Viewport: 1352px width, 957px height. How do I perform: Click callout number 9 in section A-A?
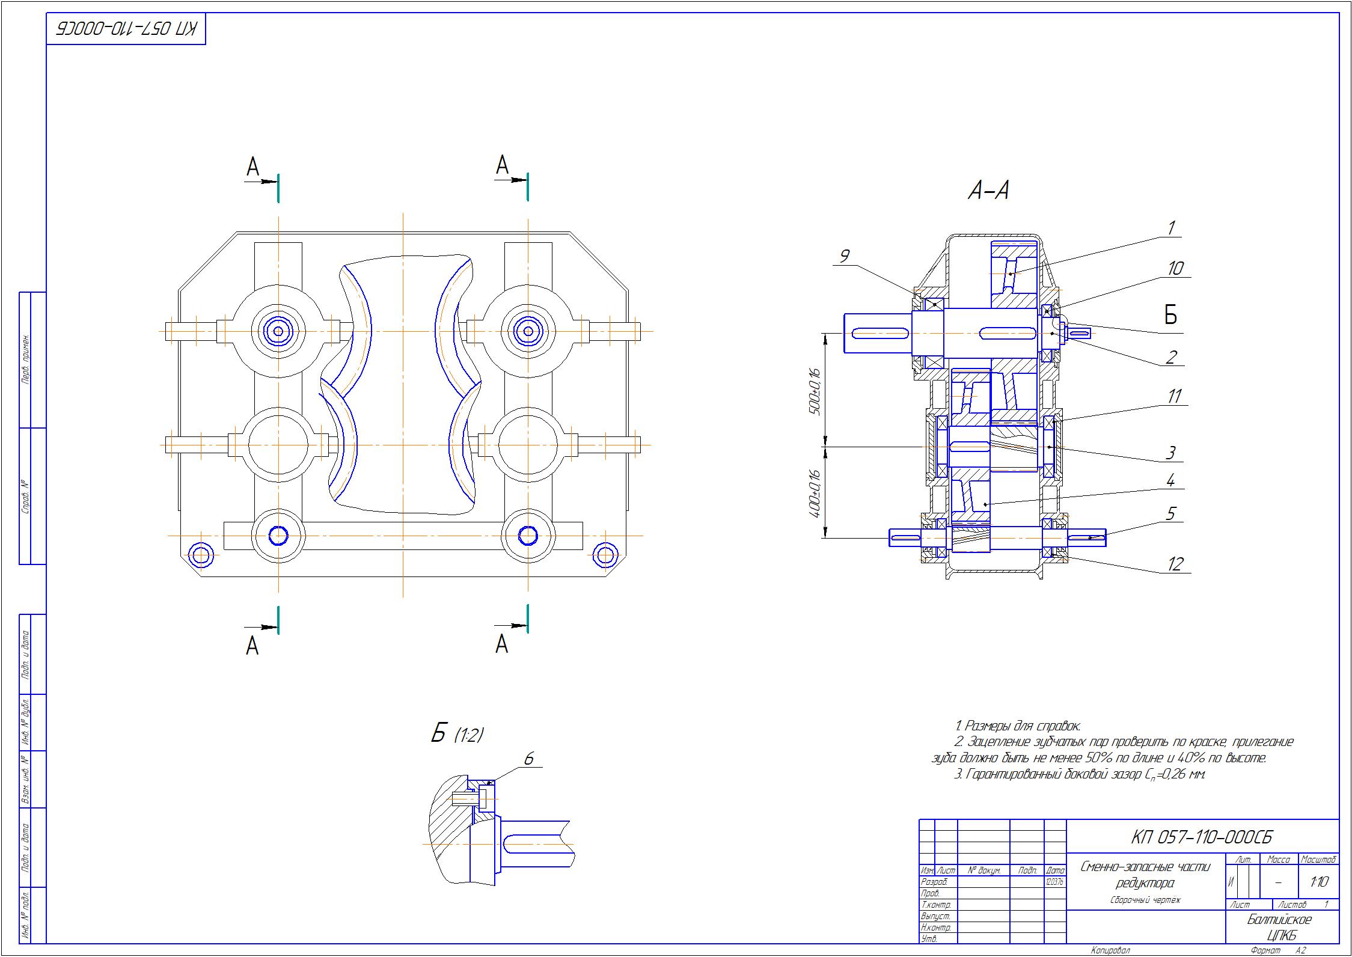(x=844, y=257)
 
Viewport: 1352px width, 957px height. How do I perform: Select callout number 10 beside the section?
(x=1175, y=268)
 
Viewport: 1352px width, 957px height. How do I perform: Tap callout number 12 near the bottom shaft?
(x=1175, y=563)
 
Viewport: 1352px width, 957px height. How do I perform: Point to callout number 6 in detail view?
(x=528, y=759)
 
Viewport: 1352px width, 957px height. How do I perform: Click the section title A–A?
(x=988, y=191)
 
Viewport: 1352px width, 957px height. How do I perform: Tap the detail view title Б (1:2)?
(x=457, y=734)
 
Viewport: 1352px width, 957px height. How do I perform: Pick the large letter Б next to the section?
(x=1170, y=314)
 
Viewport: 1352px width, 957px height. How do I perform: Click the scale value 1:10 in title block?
(x=1318, y=882)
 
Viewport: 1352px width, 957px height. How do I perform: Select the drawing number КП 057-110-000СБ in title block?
(x=1201, y=837)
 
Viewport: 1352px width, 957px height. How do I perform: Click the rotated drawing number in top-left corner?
(x=126, y=29)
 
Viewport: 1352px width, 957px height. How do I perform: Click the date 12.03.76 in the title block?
(x=1055, y=882)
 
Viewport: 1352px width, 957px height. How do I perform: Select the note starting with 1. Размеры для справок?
(x=1017, y=727)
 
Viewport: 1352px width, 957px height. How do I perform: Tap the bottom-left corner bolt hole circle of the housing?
(x=201, y=555)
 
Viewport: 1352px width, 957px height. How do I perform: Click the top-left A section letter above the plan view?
(x=253, y=167)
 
